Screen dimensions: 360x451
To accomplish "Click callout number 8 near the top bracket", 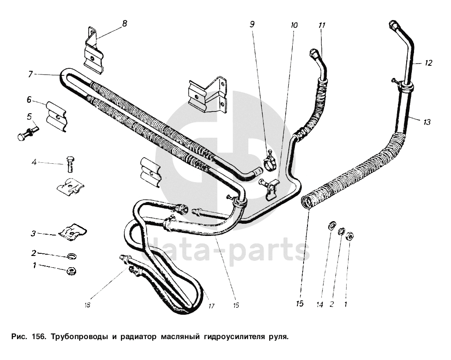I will [125, 24].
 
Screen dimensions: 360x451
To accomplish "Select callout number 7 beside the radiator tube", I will [30, 74].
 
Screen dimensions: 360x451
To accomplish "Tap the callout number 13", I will [426, 122].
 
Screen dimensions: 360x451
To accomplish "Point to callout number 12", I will [428, 63].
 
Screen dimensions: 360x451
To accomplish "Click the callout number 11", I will [321, 26].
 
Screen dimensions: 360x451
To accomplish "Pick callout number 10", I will [294, 26].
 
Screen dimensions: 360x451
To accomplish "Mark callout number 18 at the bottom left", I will [87, 305].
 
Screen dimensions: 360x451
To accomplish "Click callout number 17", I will [211, 306].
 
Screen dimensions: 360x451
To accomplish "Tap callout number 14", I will [320, 304].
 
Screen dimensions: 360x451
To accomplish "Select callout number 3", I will [33, 233].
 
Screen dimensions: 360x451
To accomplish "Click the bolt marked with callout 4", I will [70, 164].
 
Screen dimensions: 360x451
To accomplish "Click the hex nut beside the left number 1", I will [71, 271].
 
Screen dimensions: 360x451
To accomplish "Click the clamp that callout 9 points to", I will [270, 161].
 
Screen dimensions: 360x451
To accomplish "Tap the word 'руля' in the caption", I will [278, 337].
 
